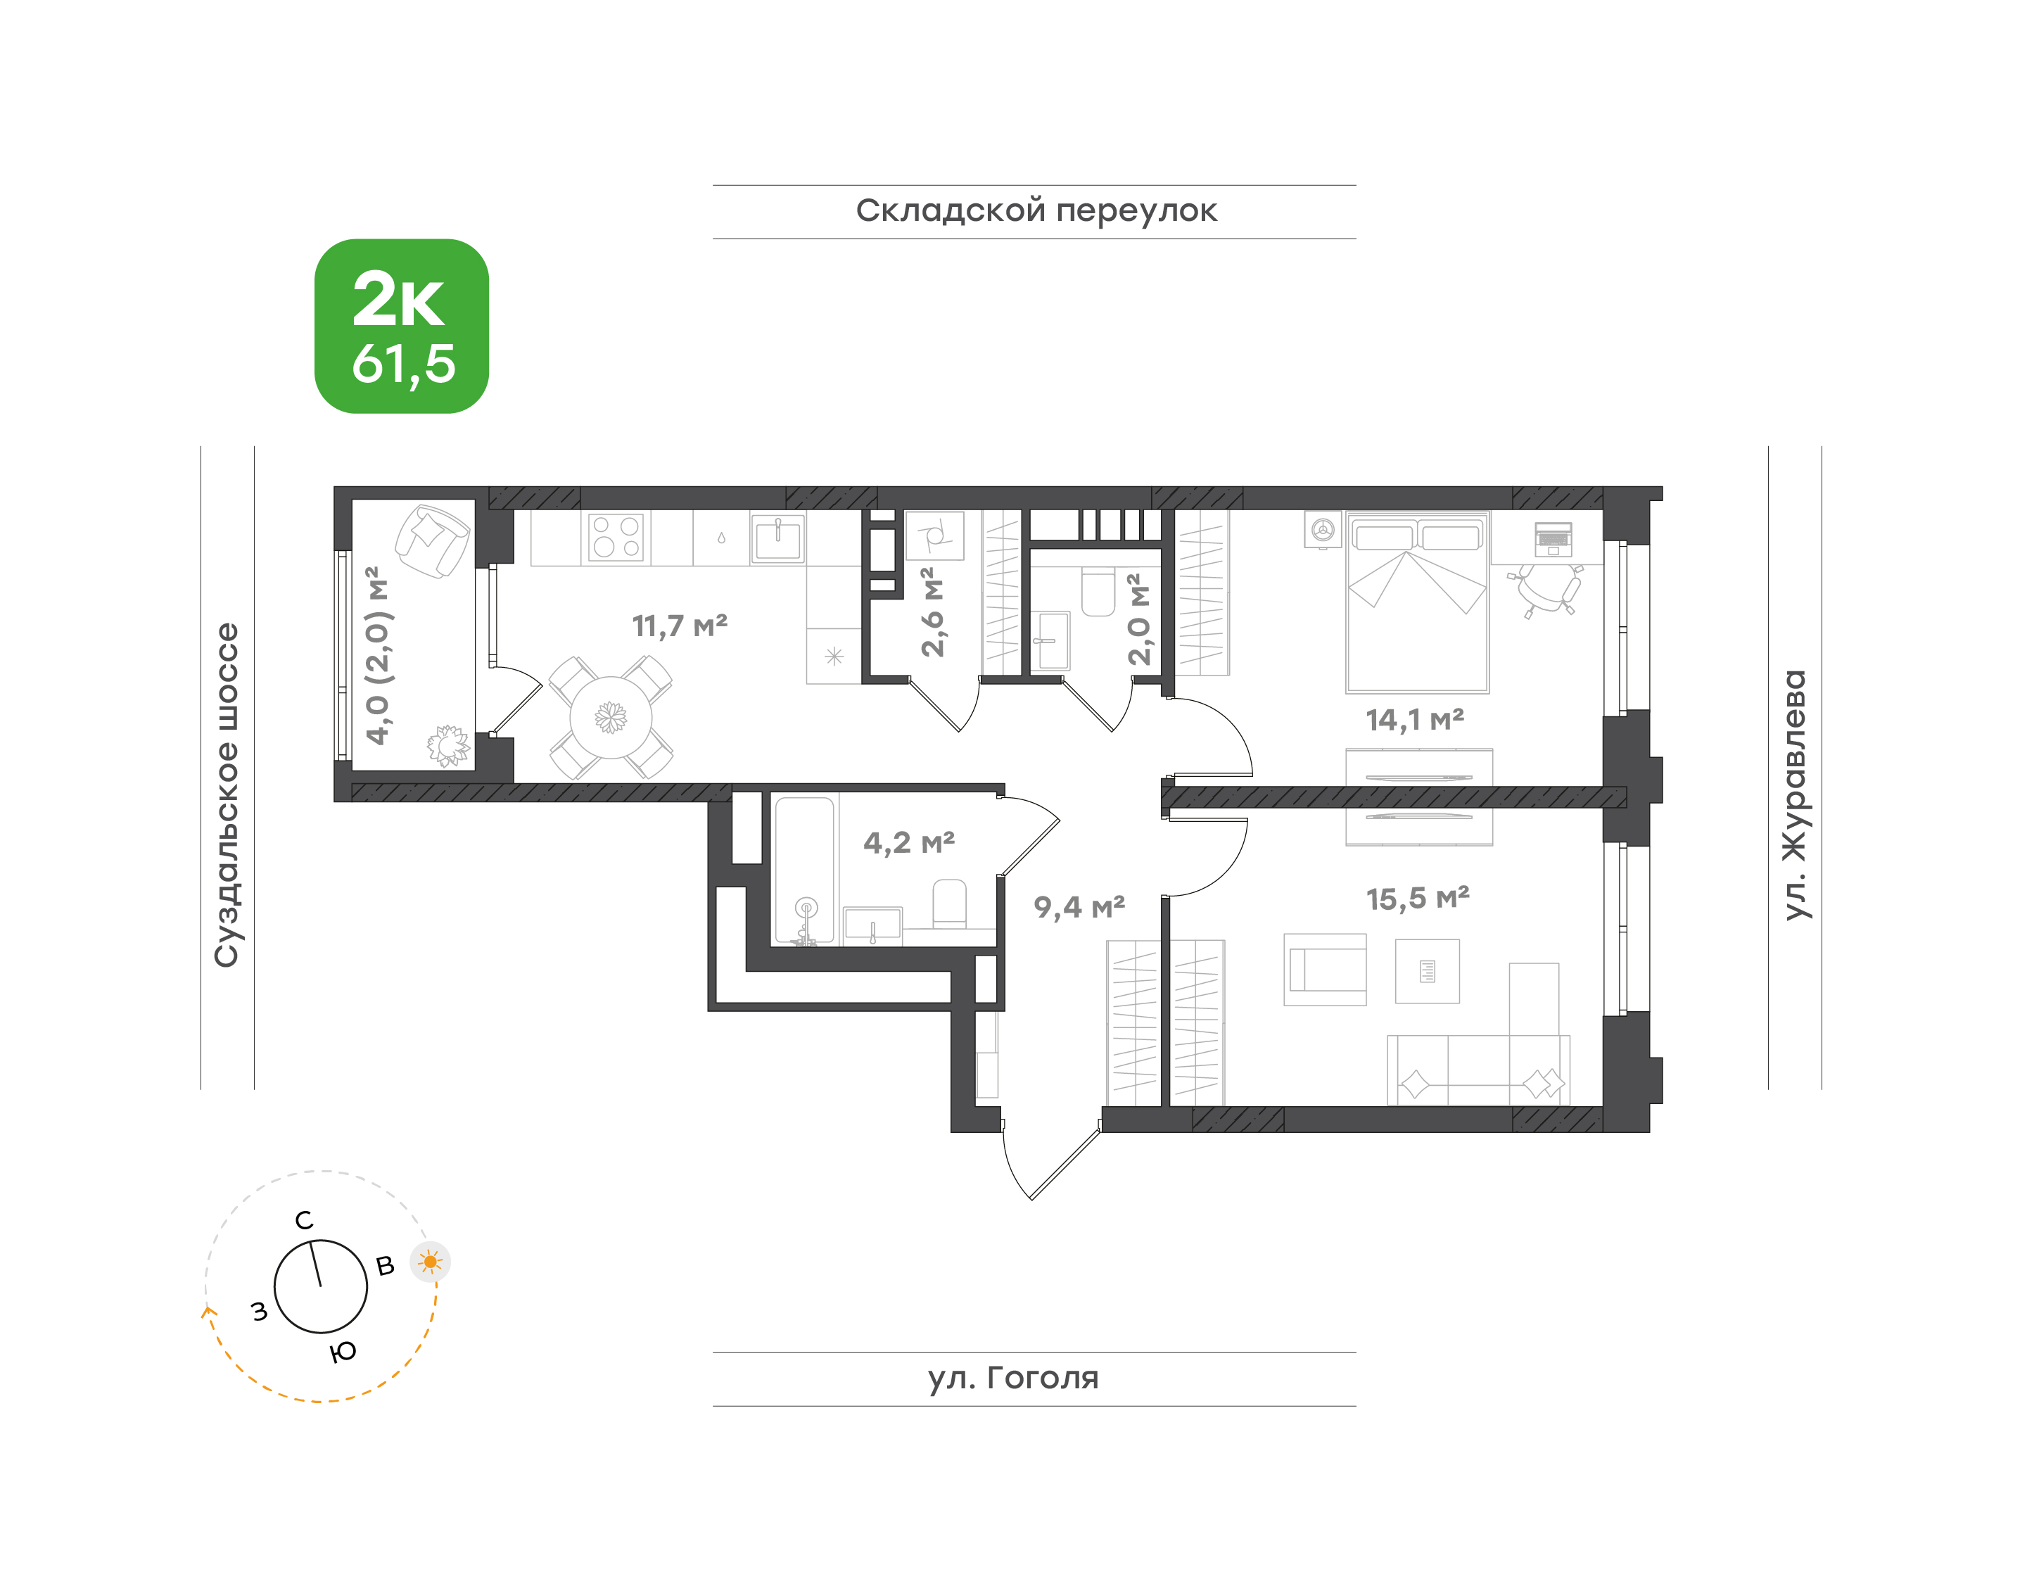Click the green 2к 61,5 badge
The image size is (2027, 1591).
402,326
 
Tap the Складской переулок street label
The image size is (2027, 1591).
1036,211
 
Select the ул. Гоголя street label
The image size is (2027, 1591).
1013,1378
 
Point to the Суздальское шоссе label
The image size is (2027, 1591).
227,795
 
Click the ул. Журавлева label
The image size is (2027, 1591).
1794,794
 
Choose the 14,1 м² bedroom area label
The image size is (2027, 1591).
1414,719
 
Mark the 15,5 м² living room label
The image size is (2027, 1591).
1418,898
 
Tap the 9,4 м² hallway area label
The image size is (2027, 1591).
1079,906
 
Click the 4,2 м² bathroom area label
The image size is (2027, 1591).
909,842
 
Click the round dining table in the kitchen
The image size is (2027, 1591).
611,717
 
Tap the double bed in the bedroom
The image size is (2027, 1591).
1417,602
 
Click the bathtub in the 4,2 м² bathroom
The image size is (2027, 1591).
805,870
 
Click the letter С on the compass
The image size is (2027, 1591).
304,1220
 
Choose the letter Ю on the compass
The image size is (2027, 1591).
343,1352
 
